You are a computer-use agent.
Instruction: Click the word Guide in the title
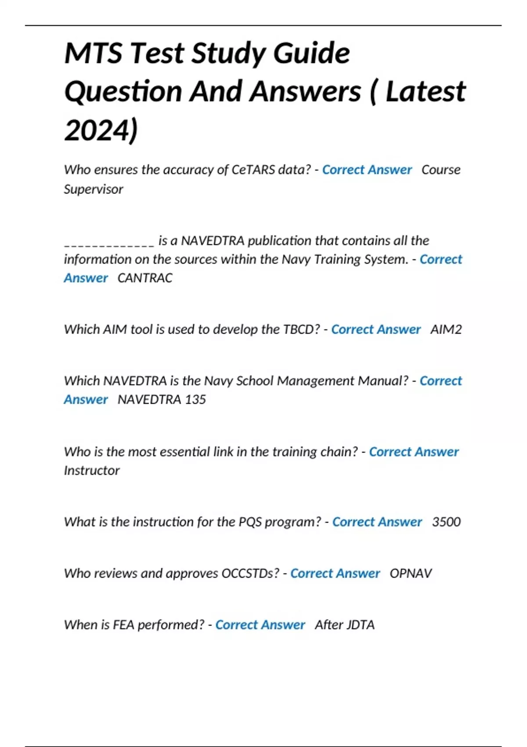point(311,54)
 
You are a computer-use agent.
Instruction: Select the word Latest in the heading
point(425,91)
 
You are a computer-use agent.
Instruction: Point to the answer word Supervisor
point(94,189)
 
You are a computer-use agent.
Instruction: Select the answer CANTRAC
point(145,278)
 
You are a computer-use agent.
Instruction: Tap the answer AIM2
point(446,330)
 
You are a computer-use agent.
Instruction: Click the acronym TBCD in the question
point(299,330)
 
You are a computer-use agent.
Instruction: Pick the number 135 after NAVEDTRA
point(195,399)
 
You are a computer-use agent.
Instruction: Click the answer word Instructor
point(91,471)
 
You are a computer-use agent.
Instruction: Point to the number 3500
point(446,522)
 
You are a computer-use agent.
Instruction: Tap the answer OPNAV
point(411,573)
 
